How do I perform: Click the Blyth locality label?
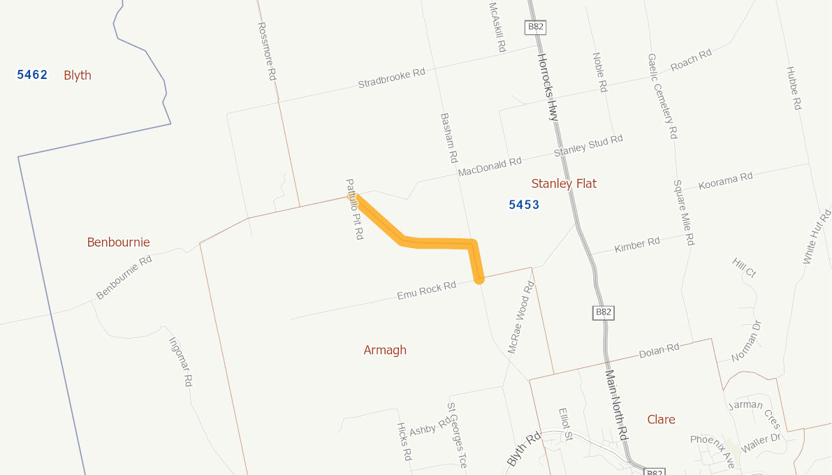[x=78, y=75]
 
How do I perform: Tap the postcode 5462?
[x=32, y=75]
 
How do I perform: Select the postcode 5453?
[x=524, y=205]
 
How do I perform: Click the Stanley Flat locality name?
[x=564, y=184]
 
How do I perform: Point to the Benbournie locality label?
[x=118, y=242]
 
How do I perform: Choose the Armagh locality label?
[x=385, y=350]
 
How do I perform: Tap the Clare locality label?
[x=661, y=419]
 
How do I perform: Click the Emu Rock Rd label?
[x=426, y=291]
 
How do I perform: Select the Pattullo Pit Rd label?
[x=355, y=210]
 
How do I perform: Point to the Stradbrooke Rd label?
[x=391, y=78]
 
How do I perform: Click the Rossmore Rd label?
[x=267, y=51]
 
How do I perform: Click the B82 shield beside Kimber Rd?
[x=603, y=312]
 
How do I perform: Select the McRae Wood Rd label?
[x=521, y=317]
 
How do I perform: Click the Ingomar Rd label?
[x=180, y=362]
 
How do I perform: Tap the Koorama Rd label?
[x=726, y=181]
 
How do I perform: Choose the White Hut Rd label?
[x=817, y=235]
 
